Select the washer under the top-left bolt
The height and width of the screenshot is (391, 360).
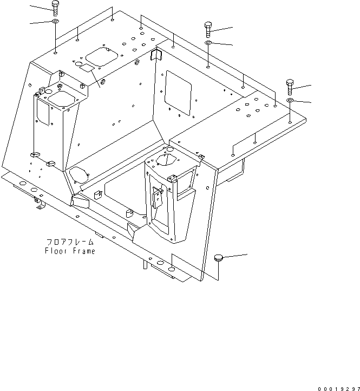click(55, 21)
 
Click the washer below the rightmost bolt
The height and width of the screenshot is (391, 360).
click(290, 100)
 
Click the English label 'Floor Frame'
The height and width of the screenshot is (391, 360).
click(70, 251)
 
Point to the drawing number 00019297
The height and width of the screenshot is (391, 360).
click(338, 388)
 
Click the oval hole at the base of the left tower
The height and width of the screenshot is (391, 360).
click(79, 174)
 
